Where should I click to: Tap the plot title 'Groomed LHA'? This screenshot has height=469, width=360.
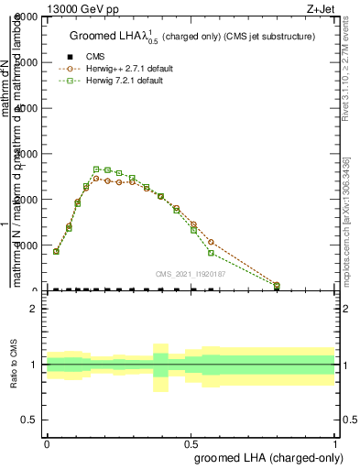pyautogui.click(x=107, y=37)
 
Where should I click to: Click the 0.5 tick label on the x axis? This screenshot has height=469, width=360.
pyautogui.click(x=191, y=442)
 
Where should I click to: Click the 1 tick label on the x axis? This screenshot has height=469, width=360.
pyautogui.click(x=334, y=442)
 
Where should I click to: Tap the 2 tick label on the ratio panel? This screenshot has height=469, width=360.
pyautogui.click(x=33, y=309)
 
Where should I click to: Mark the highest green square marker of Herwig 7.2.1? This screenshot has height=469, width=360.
pyautogui.click(x=96, y=169)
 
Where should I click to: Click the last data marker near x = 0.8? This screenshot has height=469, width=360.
pyautogui.click(x=277, y=285)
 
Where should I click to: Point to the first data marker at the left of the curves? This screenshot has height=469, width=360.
pyautogui.click(x=56, y=251)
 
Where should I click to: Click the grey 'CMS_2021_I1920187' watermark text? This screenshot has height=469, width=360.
pyautogui.click(x=192, y=274)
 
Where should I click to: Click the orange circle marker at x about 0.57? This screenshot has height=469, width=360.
pyautogui.click(x=211, y=242)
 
